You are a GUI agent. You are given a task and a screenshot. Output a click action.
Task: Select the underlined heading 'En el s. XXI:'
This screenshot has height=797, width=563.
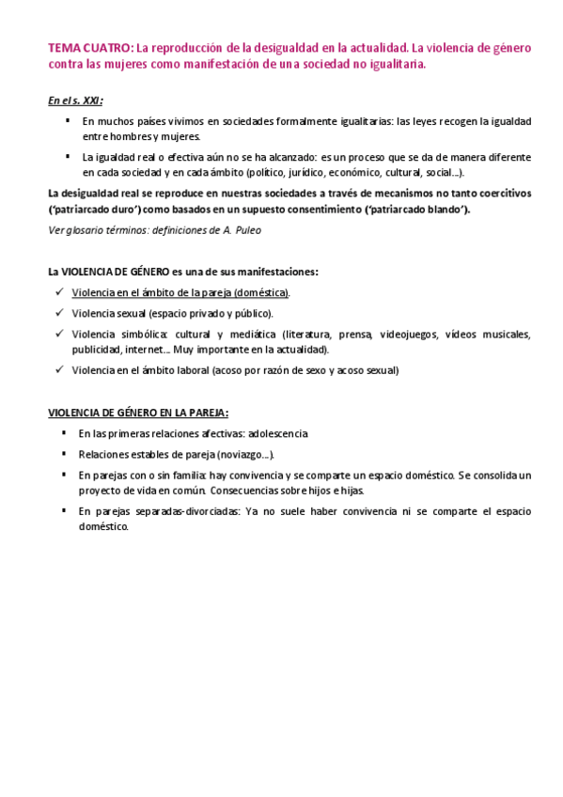click(75, 100)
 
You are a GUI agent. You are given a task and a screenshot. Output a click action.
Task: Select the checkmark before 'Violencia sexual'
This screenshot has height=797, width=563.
click(60, 312)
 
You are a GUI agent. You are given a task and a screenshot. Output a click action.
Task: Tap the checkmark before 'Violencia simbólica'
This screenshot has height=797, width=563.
click(60, 333)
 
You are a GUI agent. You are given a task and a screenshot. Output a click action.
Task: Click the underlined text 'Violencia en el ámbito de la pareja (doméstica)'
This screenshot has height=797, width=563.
click(180, 292)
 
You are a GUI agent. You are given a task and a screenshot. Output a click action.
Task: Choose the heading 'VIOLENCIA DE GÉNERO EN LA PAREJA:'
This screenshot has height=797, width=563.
click(138, 412)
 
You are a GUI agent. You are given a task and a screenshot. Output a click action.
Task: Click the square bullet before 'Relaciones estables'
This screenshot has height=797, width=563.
click(64, 452)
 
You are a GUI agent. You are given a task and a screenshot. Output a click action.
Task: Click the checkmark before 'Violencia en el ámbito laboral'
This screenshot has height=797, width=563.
click(60, 368)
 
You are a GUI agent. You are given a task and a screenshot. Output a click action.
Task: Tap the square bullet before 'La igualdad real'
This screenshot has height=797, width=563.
click(68, 156)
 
